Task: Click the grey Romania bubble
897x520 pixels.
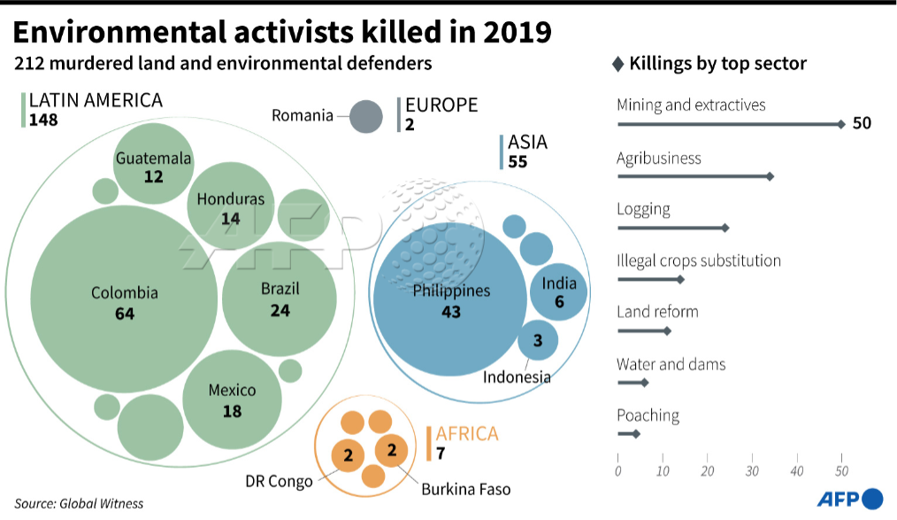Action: (x=365, y=117)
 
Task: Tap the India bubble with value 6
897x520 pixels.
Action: (x=558, y=291)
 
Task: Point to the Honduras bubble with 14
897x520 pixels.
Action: (x=230, y=206)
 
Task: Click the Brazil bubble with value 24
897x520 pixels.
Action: (x=280, y=297)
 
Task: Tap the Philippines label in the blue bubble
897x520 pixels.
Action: (x=451, y=291)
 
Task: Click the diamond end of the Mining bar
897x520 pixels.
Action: (x=841, y=124)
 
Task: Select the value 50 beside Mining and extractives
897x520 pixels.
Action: (x=862, y=123)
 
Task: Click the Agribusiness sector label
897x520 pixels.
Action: (x=658, y=159)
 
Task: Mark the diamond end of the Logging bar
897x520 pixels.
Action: (x=725, y=228)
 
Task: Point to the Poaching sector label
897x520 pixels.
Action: (x=648, y=415)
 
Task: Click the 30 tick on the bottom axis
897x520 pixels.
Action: (x=752, y=470)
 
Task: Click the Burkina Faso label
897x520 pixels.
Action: (x=465, y=488)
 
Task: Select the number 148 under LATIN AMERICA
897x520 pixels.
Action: (x=43, y=120)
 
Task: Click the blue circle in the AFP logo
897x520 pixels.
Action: (x=872, y=499)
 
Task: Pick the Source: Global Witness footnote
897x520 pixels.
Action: (x=79, y=503)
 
